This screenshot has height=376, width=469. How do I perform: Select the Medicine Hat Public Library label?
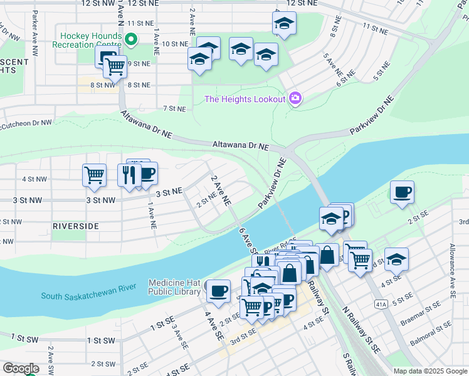pos(175,286)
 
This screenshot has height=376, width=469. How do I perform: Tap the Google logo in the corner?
pos(21,368)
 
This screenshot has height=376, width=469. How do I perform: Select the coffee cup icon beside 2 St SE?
pos(401,192)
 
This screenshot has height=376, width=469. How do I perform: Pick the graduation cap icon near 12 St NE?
pos(284,24)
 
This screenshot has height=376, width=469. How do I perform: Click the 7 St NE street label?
pos(174,109)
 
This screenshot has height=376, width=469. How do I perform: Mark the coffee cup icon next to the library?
pos(218,291)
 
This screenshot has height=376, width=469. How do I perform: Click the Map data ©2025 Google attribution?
pos(429,371)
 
